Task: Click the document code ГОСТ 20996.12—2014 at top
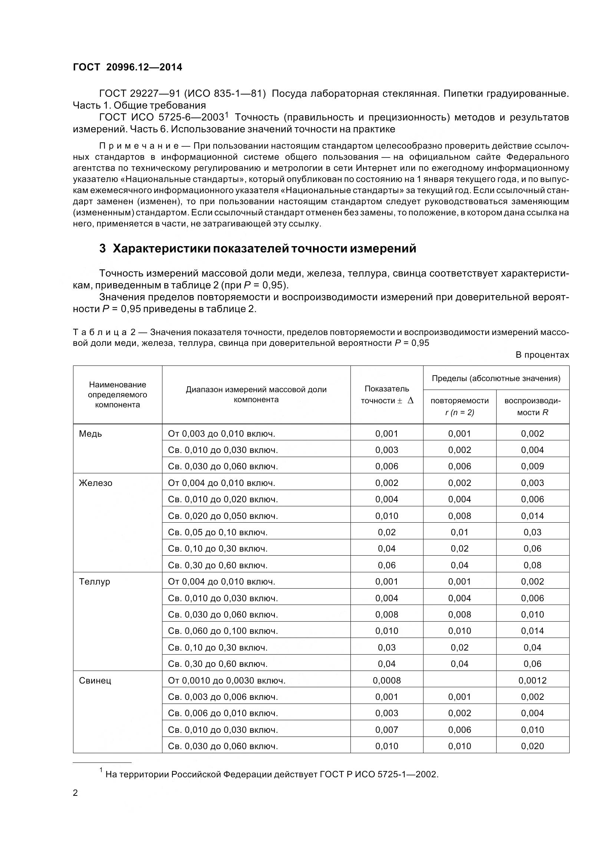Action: pos(127,67)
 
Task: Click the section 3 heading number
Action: pos(102,249)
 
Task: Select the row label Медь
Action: pos(90,434)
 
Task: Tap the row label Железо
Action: pos(95,483)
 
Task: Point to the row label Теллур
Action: pos(95,582)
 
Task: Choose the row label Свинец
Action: pos(95,681)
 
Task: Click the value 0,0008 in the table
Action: pos(386,681)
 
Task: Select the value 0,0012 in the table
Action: pos(532,681)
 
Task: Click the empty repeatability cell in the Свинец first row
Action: pos(459,681)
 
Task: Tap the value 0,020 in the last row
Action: pos(532,746)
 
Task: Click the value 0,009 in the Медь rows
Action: pos(532,466)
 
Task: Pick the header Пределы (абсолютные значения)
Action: pos(495,378)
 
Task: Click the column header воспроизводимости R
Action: pos(532,407)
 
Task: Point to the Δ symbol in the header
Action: pos(411,401)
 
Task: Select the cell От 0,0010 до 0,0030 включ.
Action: pos(226,681)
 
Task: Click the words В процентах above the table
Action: pos(542,355)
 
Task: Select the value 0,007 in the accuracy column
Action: pos(386,730)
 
